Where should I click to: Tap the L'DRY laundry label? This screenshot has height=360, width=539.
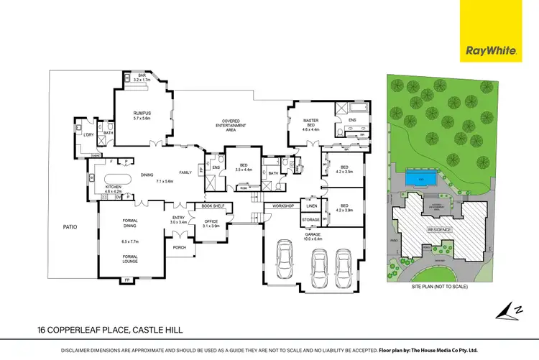89,134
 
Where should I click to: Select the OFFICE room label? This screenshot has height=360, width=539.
211,223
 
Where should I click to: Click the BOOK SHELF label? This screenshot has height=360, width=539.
213,206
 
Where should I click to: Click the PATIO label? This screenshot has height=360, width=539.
69,227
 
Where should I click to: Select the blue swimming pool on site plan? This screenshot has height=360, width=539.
420,177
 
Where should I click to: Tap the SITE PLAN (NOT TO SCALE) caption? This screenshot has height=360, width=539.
439,287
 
